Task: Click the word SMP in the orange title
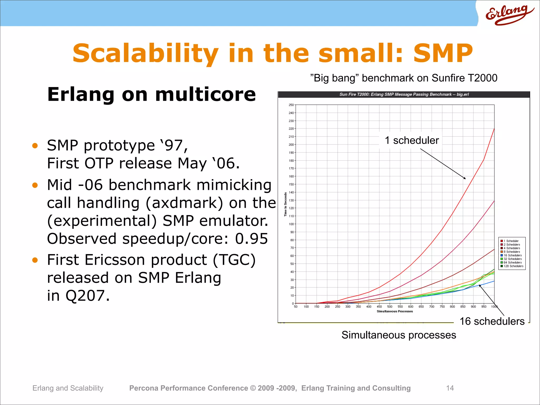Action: (443, 54)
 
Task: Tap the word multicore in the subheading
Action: (205, 94)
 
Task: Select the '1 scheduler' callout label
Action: (412, 140)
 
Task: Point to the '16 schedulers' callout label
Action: (492, 321)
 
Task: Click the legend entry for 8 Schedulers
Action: (512, 252)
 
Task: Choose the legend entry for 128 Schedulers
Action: (513, 266)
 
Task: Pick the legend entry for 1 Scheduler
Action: (511, 241)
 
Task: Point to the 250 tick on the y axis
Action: (291, 105)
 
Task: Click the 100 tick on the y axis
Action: (291, 224)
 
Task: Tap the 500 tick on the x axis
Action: (390, 307)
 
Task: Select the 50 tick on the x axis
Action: (296, 307)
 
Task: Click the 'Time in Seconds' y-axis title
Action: (285, 204)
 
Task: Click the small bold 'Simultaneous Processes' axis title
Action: (395, 311)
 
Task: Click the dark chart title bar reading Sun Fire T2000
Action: (404, 94)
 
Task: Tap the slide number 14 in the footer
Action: (450, 388)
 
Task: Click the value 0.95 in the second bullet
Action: (251, 239)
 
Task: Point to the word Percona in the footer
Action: (144, 388)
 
